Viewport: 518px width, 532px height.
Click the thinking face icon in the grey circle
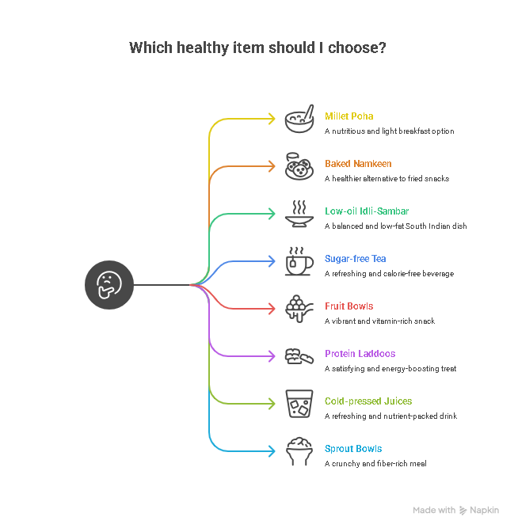click(x=109, y=285)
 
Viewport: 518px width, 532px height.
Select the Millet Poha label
click(x=349, y=116)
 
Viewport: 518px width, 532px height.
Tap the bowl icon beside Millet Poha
click(x=299, y=119)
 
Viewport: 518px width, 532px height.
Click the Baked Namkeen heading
click(x=358, y=164)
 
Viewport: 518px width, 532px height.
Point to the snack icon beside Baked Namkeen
click(x=299, y=166)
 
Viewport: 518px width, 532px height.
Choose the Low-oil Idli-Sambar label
click(x=367, y=211)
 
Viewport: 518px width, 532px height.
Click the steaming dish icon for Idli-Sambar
click(x=299, y=214)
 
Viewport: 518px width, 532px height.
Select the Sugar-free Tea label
click(x=355, y=259)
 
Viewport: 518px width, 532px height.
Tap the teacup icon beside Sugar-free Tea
click(x=299, y=261)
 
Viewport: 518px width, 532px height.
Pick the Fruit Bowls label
click(x=349, y=306)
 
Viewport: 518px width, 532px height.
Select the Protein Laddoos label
click(x=360, y=354)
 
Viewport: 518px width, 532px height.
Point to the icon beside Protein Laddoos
click(x=299, y=356)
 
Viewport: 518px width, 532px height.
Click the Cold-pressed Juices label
click(x=368, y=401)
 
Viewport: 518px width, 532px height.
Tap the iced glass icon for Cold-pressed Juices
click(x=299, y=404)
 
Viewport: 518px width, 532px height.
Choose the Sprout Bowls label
click(x=353, y=449)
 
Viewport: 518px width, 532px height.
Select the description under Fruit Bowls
click(x=379, y=321)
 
